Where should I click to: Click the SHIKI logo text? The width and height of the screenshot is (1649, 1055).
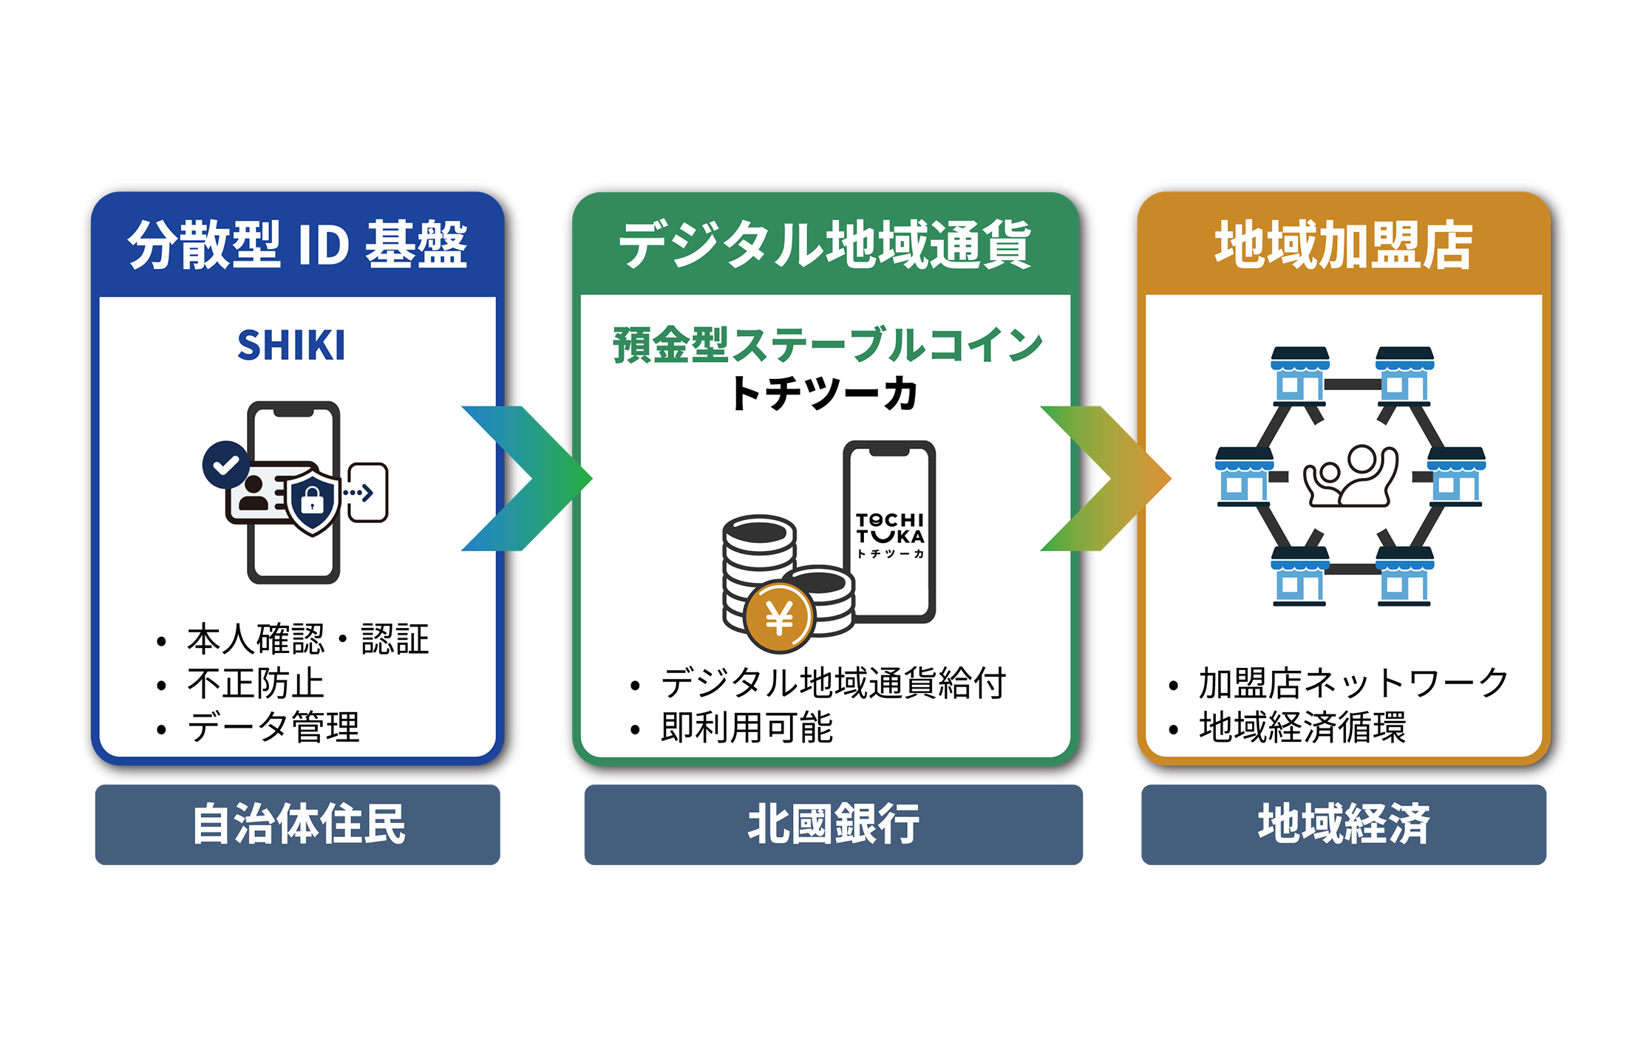click(291, 345)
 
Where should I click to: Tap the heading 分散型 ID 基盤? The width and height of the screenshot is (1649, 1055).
click(298, 245)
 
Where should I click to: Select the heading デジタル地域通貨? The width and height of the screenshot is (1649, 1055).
click(825, 245)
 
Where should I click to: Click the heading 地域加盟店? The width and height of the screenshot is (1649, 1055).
click(1344, 245)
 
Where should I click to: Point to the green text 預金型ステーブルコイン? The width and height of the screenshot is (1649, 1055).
click(827, 345)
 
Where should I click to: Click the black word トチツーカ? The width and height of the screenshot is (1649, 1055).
click(824, 393)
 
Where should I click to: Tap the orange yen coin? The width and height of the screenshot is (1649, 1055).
click(779, 618)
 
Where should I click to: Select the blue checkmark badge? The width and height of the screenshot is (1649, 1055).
click(226, 465)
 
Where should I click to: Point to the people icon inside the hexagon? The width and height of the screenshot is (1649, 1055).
click(1350, 476)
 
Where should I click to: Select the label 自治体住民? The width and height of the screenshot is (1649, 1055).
click(298, 824)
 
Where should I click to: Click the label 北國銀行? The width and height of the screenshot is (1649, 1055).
click(833, 824)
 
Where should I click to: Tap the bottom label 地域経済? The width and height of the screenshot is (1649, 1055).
click(1344, 824)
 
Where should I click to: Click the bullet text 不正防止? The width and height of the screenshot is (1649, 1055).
click(256, 683)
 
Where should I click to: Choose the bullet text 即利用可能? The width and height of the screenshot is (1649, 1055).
click(747, 728)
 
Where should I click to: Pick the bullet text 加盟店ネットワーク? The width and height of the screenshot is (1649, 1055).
click(1353, 683)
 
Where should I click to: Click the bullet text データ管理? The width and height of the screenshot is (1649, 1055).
click(273, 728)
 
